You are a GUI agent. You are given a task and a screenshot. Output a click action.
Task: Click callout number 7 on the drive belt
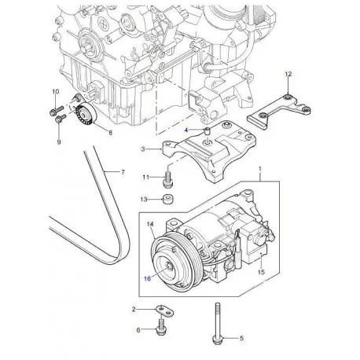click(122, 171)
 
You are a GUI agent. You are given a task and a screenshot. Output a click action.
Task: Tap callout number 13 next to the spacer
click(144, 200)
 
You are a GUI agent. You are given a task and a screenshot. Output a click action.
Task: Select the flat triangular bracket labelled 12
click(275, 106)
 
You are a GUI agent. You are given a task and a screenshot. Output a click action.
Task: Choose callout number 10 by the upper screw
click(55, 92)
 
